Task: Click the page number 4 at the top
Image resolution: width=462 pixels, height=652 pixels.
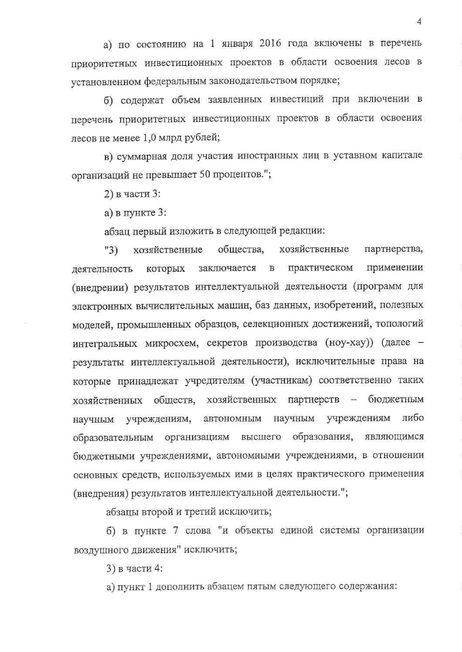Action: coord(418,21)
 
